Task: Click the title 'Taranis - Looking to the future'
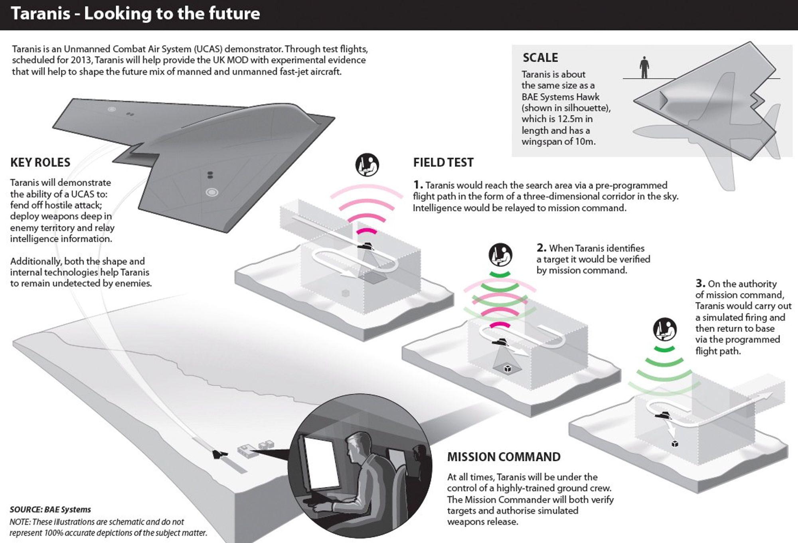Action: (135, 14)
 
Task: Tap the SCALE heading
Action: (540, 58)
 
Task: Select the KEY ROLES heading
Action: (40, 162)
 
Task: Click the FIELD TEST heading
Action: (443, 162)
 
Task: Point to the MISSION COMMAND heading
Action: (504, 457)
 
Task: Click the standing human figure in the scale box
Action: (644, 67)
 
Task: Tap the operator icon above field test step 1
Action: (367, 164)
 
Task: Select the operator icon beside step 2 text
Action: (500, 255)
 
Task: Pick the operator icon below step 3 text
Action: (665, 330)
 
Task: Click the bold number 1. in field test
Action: (418, 185)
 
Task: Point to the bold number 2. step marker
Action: (541, 248)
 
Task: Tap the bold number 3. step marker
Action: (700, 284)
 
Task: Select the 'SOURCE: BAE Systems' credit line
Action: (50, 509)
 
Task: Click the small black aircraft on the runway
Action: (219, 454)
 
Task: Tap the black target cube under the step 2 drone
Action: (508, 368)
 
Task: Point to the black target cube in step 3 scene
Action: (675, 444)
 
